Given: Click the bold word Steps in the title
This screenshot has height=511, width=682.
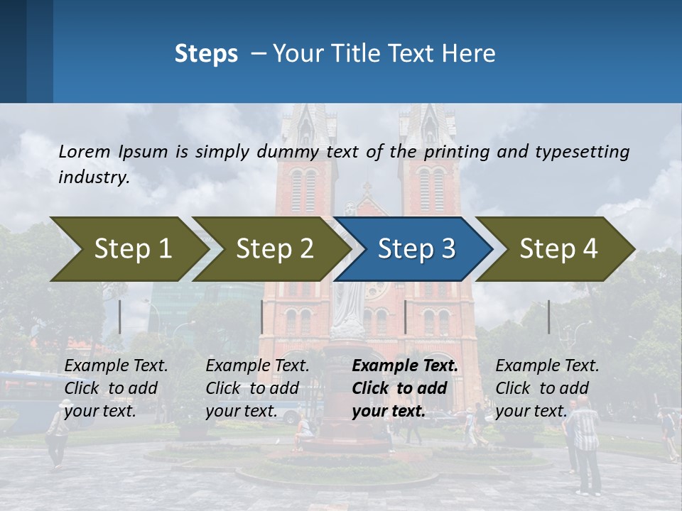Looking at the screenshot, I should point(206,54).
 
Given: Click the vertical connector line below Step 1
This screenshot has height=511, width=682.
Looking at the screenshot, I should point(120,317).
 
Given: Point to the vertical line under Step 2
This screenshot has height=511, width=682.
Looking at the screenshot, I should point(262,317).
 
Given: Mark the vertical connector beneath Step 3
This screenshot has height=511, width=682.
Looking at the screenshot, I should point(405,317).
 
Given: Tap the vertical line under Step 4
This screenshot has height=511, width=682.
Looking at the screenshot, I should point(549,317).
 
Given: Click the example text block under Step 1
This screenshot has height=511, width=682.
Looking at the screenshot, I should point(117,388).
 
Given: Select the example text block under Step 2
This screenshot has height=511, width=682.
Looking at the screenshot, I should point(257,388).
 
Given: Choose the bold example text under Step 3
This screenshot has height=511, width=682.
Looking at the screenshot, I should point(405,388).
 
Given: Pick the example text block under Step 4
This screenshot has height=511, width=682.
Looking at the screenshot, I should point(547,388).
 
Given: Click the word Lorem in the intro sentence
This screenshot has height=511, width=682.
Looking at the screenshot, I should point(85,151).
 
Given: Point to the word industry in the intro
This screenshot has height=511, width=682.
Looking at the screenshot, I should point(94,177).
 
